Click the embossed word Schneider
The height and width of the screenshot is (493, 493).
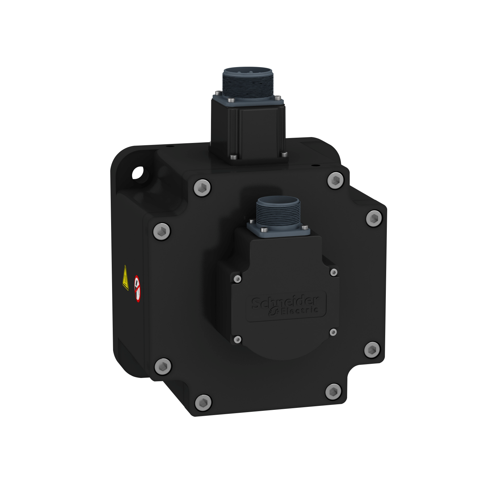click(285, 301)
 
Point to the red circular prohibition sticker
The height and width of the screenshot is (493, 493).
click(137, 289)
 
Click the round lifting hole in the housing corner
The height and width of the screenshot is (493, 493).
click(138, 173)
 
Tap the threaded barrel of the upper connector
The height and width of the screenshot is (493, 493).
click(247, 85)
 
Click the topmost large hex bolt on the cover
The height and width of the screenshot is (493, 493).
click(336, 180)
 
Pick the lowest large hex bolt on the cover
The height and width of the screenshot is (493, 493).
click(203, 402)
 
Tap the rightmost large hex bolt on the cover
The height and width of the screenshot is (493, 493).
click(374, 218)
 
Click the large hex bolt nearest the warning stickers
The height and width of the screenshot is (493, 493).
click(162, 231)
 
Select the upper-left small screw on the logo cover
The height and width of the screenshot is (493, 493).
click(237, 279)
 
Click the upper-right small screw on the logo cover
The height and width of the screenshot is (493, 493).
click(334, 272)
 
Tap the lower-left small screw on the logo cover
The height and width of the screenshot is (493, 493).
click(237, 340)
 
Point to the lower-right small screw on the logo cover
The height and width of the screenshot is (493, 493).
click(333, 332)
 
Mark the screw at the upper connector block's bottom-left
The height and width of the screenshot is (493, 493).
click(233, 157)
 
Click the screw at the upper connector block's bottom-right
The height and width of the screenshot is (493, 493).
click(283, 154)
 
